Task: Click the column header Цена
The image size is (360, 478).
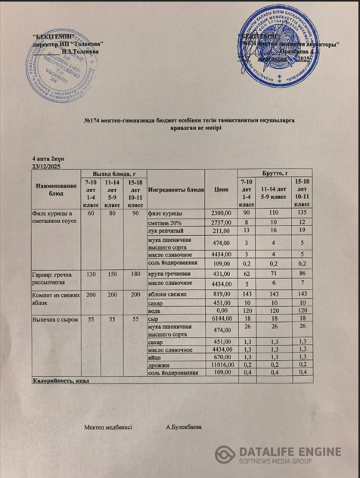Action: (x=221, y=189)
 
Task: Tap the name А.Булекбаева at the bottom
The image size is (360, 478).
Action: (x=183, y=427)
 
